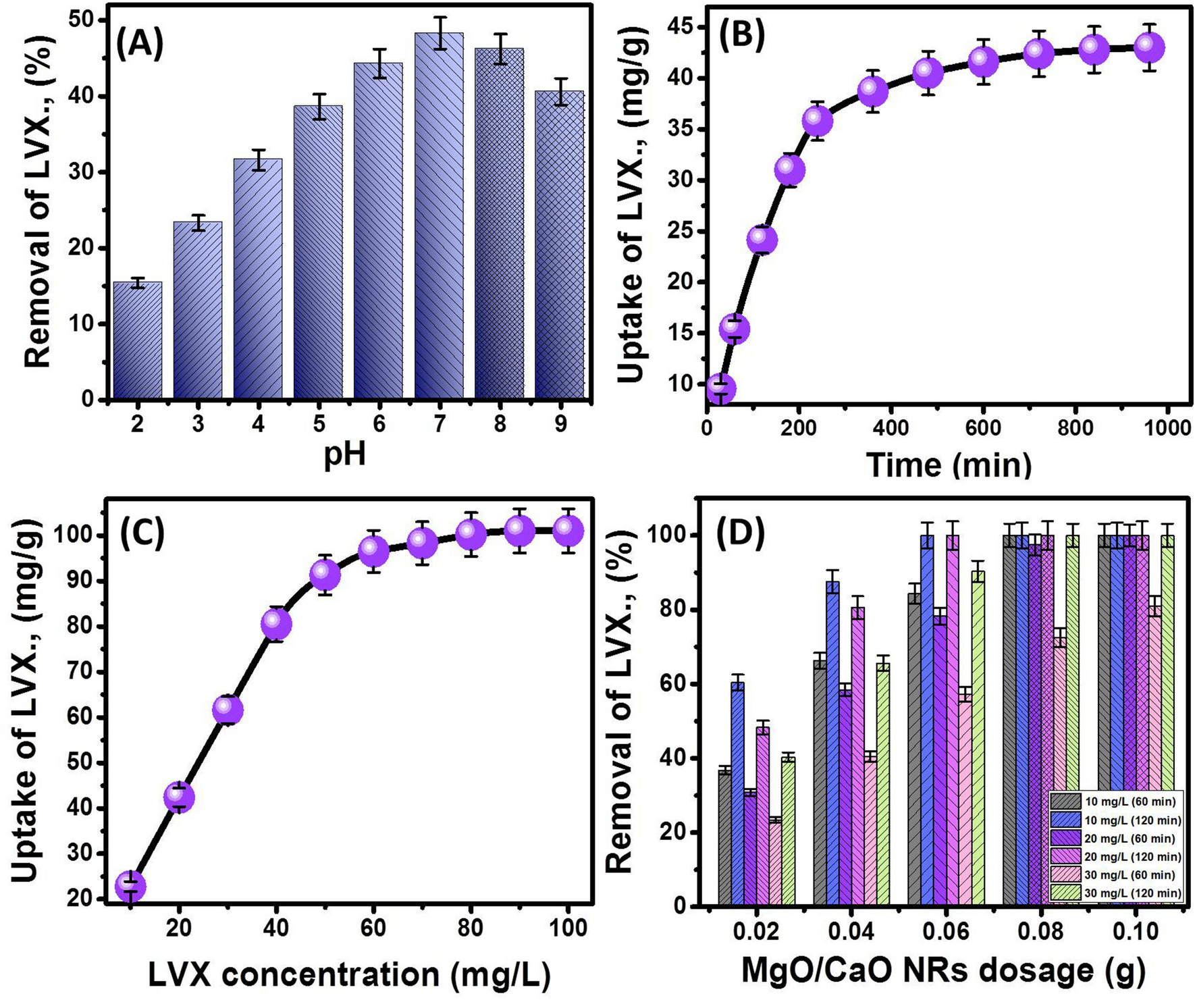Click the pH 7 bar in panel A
[439, 216]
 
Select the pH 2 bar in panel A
[138, 340]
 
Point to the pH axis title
[344, 454]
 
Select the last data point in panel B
[1149, 47]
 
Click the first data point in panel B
[721, 388]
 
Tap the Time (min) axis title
[948, 465]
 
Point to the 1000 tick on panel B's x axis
[1168, 428]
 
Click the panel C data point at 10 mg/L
[131, 885]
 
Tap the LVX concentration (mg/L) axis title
[348, 974]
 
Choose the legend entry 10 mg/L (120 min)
[1117, 820]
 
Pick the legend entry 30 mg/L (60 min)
[1117, 875]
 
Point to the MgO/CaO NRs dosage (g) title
[944, 970]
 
